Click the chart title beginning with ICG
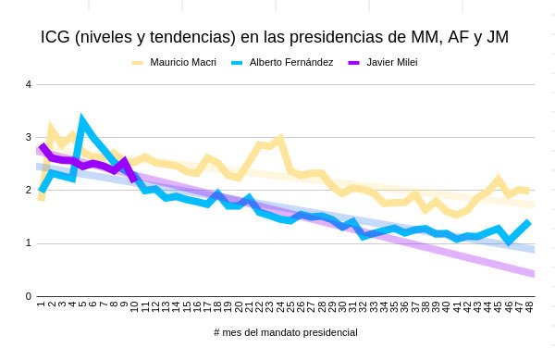275,38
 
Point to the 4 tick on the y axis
29,85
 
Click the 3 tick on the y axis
29,138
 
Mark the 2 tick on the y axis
29,191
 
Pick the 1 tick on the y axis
29,243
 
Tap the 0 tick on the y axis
29,296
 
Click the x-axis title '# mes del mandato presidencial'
284,332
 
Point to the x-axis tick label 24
279,306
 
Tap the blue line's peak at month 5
82,119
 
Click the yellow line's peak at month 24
279,138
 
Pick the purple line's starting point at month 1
42,145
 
